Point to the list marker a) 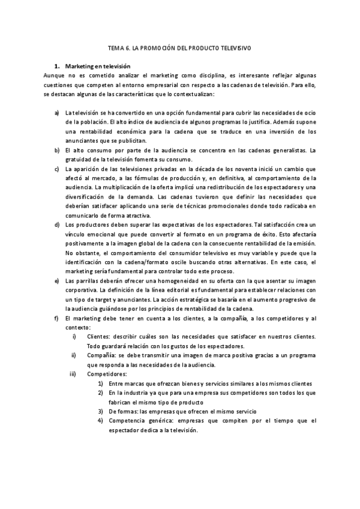[56, 113]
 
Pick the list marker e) [56, 280]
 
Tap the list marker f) [56, 318]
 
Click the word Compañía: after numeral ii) [101, 355]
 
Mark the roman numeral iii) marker [73, 373]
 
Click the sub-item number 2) [101, 392]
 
